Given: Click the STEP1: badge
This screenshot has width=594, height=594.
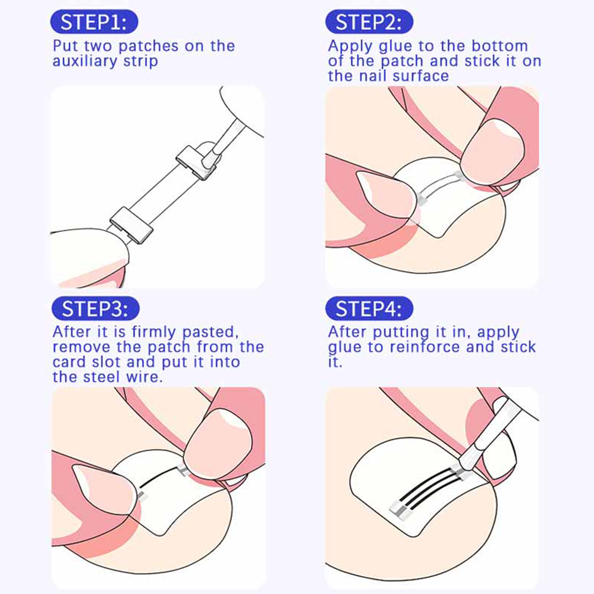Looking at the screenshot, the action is point(94,22).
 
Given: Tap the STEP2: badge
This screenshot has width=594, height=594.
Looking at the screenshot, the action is point(369,22).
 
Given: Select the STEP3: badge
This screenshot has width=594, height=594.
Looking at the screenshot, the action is point(95,309).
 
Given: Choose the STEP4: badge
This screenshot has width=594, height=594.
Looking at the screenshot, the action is point(369,309).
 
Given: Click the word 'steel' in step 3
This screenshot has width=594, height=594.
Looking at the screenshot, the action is point(101,377).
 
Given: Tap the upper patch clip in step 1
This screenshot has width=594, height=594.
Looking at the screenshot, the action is point(196,162).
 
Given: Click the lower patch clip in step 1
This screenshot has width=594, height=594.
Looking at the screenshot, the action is point(131,225).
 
